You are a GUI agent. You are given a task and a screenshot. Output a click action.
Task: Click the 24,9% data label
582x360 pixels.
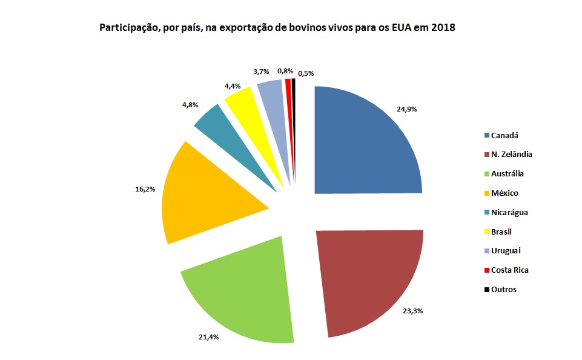pos(407,109)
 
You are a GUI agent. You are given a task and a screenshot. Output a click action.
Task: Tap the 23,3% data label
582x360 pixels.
pos(413,311)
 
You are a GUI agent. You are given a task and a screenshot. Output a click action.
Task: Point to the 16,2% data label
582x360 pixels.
pos(145,189)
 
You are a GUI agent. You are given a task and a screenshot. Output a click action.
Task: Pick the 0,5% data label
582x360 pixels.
pos(306,73)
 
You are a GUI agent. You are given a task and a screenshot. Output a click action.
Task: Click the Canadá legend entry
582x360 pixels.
pos(504,135)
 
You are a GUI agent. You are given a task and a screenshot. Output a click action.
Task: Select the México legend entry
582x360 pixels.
pos(504,193)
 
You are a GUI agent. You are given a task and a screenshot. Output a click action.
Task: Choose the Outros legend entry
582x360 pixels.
pos(504,290)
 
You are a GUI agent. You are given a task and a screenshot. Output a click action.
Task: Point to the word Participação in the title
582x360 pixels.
pos(126,28)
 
